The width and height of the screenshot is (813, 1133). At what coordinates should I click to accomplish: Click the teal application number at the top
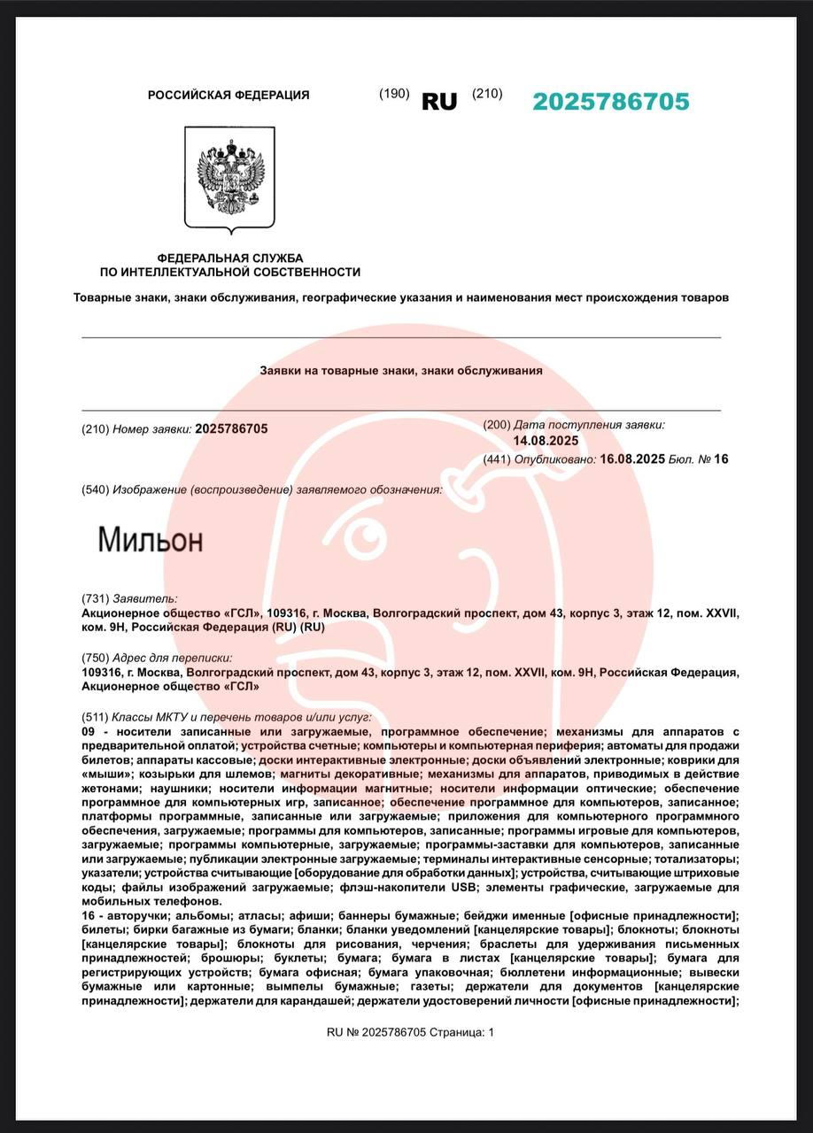coord(610,102)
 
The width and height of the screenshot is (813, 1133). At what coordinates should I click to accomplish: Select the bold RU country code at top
coord(439,102)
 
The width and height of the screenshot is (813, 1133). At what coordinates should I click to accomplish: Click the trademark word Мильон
coord(150,539)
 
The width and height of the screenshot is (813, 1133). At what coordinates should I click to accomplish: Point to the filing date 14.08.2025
coord(546,441)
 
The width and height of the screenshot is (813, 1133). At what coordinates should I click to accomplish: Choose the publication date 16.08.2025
coord(632,459)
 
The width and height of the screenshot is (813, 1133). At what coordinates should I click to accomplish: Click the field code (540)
coord(95,489)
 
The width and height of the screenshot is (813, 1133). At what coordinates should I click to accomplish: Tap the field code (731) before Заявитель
coord(95,599)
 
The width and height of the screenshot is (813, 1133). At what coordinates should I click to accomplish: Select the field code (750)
coord(95,658)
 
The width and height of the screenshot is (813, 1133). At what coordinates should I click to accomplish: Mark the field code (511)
coord(95,717)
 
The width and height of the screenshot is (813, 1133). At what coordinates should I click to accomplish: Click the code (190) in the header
coord(394,94)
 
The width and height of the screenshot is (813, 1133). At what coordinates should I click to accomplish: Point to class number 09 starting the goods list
coord(88,732)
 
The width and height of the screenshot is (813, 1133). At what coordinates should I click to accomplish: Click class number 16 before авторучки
coord(88,915)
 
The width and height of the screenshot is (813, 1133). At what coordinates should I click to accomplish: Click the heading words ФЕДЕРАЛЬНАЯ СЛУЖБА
coord(229,258)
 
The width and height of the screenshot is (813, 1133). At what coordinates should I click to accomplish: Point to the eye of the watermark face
coord(363,535)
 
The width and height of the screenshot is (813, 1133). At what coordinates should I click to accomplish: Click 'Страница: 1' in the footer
coord(461,1032)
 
